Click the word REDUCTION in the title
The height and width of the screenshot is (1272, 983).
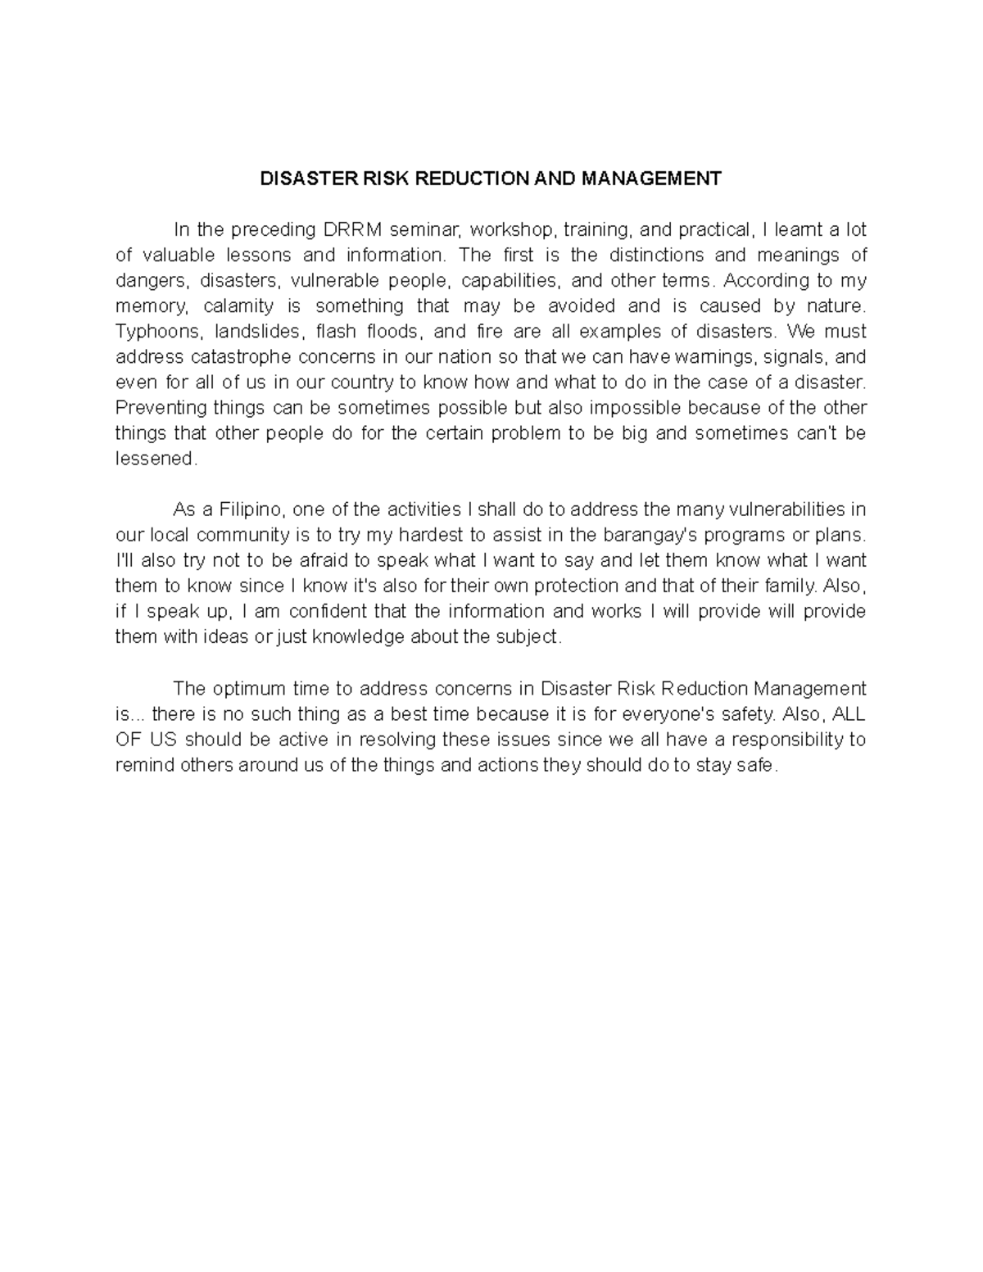click(x=465, y=179)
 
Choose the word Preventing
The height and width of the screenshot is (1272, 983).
click(x=161, y=408)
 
